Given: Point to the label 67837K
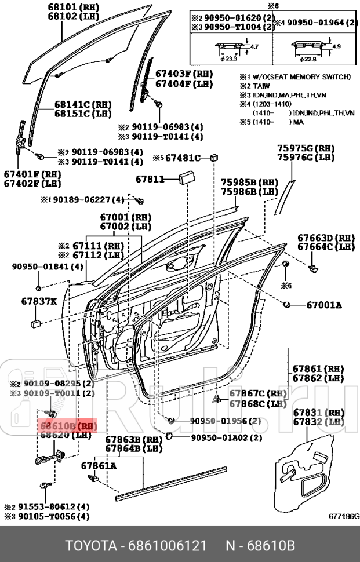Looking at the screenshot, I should pos(39,301).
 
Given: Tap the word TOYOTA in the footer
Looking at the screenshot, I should pos(90,546).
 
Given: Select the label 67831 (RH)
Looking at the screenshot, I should pos(318,413).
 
